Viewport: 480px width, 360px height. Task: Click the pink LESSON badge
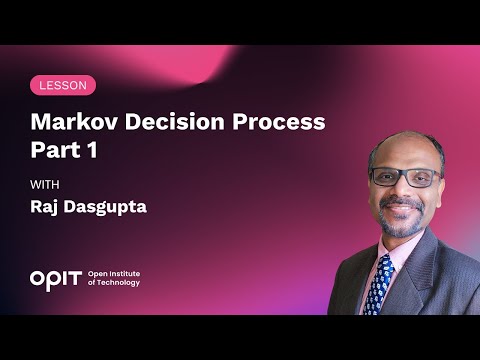63,85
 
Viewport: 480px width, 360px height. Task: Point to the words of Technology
114,283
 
